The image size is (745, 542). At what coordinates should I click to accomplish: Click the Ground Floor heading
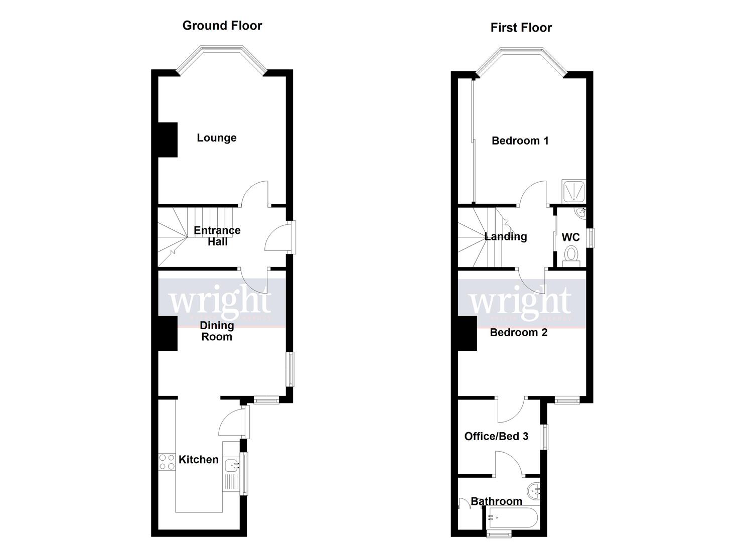click(x=222, y=26)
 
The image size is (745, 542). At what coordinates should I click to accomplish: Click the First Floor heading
click(x=521, y=28)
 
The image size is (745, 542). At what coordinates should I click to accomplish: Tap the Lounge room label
click(x=216, y=138)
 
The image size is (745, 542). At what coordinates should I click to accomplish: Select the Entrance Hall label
click(x=217, y=236)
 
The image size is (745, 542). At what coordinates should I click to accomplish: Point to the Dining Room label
click(x=217, y=331)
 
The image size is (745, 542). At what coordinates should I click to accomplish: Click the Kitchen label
click(x=198, y=459)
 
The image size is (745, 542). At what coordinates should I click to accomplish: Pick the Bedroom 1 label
click(x=520, y=141)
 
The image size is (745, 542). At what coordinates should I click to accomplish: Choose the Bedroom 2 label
click(x=518, y=332)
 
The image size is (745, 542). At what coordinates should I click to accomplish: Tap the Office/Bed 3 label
click(x=496, y=436)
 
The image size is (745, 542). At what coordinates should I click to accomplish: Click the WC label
click(x=570, y=237)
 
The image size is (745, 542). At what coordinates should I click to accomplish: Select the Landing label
click(x=505, y=236)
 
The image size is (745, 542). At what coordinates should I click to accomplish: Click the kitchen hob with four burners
click(x=167, y=462)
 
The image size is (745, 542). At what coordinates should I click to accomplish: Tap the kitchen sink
click(x=231, y=465)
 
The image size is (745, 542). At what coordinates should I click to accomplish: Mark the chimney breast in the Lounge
click(x=168, y=140)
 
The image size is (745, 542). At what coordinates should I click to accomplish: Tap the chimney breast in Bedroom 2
click(x=467, y=333)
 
